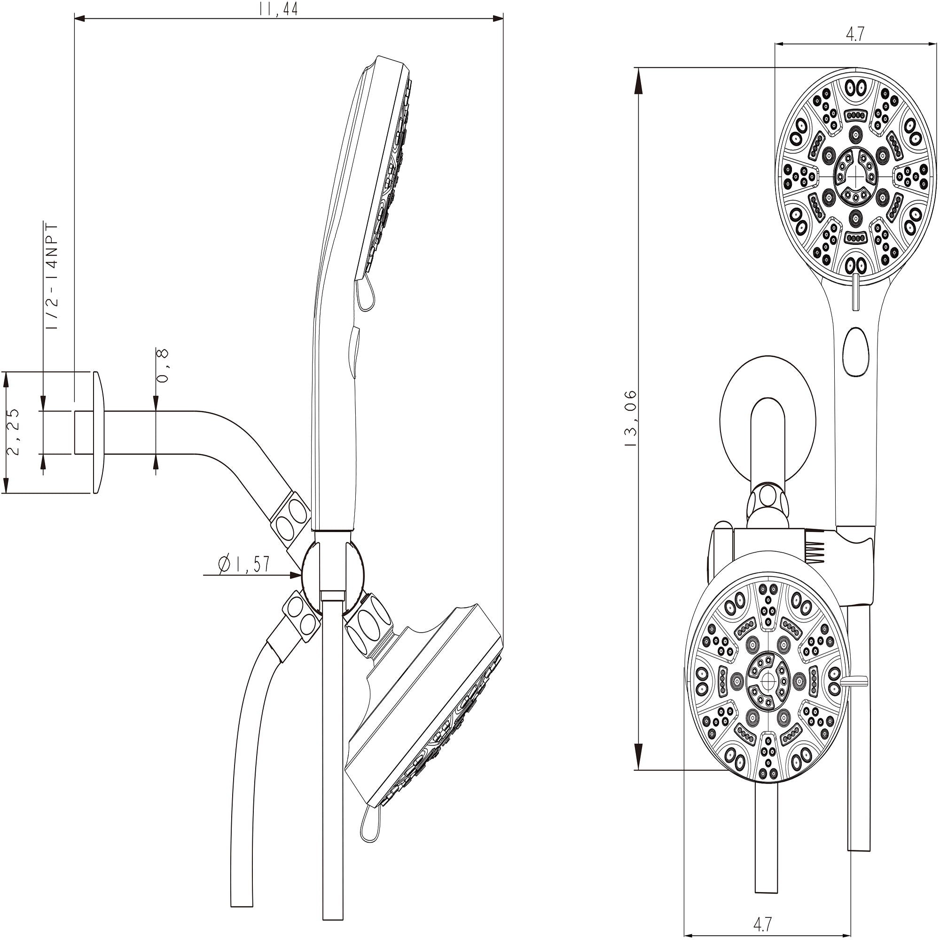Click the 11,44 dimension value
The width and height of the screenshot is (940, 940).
point(279,9)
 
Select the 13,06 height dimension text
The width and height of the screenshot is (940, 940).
point(631,418)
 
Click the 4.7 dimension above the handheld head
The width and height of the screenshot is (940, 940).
point(855,34)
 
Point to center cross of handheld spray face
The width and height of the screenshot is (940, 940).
point(855,174)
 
